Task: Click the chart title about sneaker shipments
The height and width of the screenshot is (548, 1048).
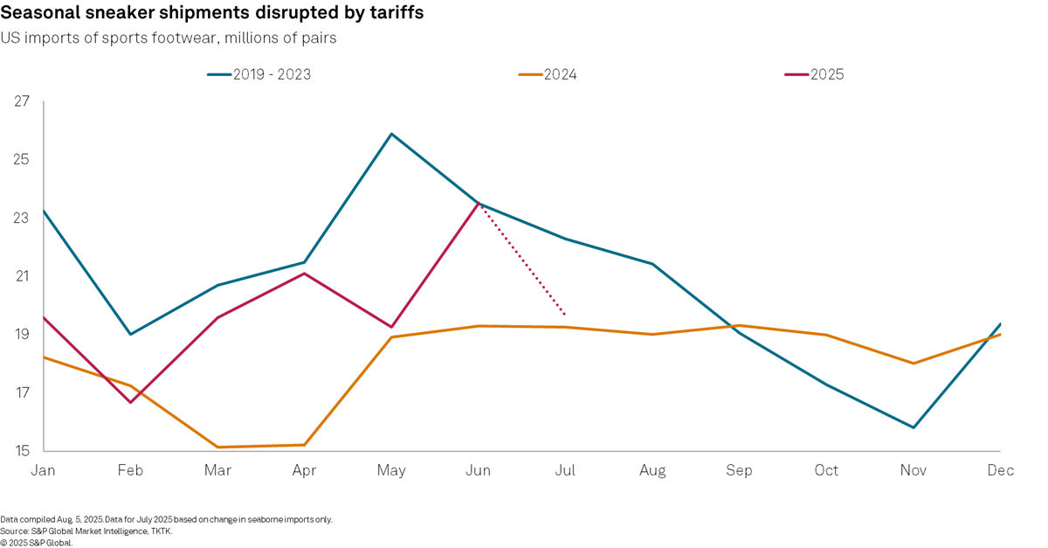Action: pos(212,16)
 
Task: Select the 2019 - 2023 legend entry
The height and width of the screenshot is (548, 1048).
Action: pos(259,74)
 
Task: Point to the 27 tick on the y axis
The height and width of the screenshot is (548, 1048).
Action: pos(22,101)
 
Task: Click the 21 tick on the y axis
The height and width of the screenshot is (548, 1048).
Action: pos(22,276)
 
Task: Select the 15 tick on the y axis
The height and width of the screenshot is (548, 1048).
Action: pos(22,451)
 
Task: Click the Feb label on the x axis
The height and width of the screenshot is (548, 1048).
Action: pos(130,470)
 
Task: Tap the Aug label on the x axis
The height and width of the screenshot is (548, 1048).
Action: pos(652,470)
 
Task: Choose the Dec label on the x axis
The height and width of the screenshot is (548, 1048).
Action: pos(1001,470)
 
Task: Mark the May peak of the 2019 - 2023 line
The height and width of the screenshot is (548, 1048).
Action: pos(391,134)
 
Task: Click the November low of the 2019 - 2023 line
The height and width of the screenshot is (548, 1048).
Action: pos(914,427)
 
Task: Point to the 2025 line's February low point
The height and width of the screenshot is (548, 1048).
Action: pos(130,402)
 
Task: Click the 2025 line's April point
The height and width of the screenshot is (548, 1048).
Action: pos(304,274)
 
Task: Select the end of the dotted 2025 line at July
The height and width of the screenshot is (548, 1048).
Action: pos(566,315)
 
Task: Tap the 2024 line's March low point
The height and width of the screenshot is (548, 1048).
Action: pos(217,447)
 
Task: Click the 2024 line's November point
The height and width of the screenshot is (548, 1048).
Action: pos(914,364)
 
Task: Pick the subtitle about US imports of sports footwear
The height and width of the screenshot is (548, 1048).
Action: pos(169,38)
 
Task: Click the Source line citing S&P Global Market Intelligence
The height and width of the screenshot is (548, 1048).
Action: pos(88,531)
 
